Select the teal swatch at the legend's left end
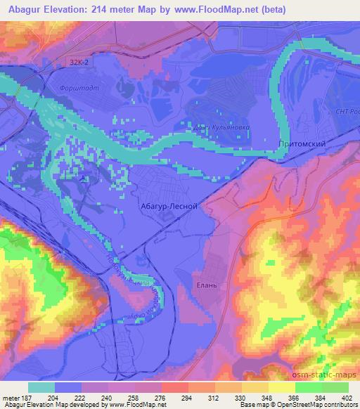tap(41, 387)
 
